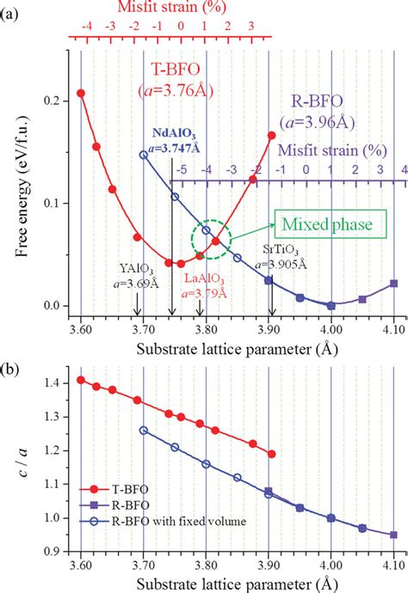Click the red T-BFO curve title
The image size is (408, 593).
click(x=187, y=83)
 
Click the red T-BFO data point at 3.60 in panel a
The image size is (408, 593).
click(x=81, y=93)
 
